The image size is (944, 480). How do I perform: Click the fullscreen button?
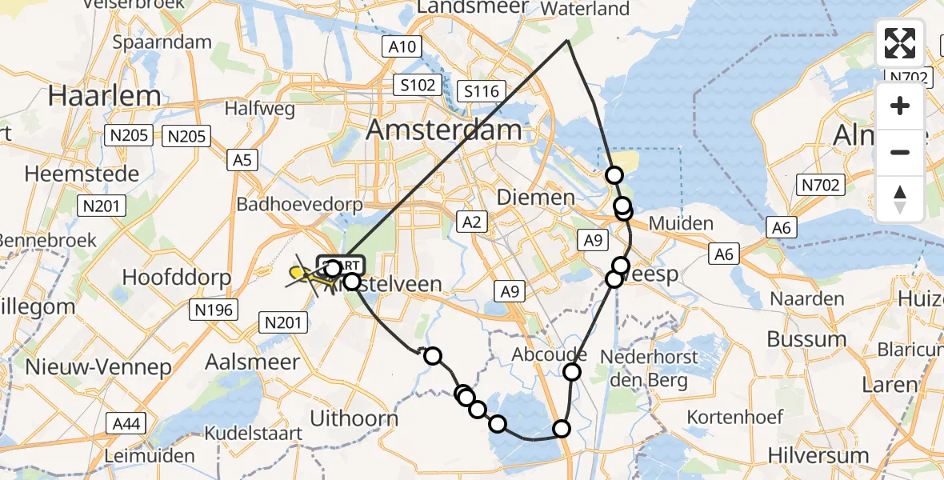point(900,43)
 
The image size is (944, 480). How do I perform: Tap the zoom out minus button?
point(900,152)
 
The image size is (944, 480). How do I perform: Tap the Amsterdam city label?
point(444,130)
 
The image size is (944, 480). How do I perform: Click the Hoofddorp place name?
point(177,278)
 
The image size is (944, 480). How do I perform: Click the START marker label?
point(342,264)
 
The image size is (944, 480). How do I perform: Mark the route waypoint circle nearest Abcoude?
point(572,371)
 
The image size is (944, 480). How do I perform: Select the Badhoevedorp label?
point(299,205)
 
